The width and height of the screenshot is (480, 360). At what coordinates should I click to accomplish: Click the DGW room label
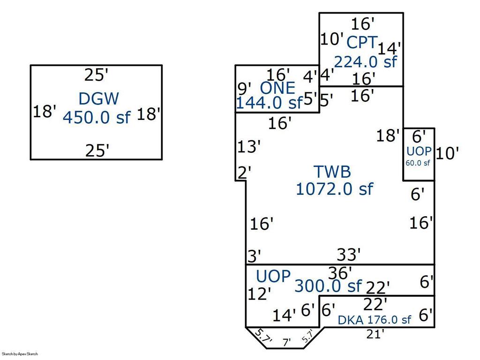98,99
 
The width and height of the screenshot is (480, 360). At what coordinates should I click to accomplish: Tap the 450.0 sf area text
96,117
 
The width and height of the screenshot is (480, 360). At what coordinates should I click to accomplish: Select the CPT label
361,43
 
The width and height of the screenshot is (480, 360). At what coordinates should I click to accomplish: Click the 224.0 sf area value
365,61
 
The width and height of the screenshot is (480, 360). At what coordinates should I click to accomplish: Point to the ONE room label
277,88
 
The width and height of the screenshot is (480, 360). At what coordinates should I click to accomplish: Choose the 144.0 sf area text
269,103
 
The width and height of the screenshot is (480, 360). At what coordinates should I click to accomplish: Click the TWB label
331,172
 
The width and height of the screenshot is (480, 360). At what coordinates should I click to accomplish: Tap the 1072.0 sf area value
334,188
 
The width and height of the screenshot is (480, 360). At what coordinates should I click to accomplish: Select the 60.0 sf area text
418,163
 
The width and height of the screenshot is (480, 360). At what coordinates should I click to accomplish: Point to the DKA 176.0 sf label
375,320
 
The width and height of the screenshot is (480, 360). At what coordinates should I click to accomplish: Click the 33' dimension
349,255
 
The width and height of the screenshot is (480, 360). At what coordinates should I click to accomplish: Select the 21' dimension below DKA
375,334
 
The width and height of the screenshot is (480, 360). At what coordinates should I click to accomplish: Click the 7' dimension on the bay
286,342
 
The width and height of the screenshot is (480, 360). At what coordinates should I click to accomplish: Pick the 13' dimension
248,147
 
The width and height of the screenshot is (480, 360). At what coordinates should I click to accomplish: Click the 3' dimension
254,256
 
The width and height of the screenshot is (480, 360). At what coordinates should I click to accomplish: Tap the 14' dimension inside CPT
390,48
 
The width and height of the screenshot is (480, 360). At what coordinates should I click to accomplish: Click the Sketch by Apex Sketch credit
20,354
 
